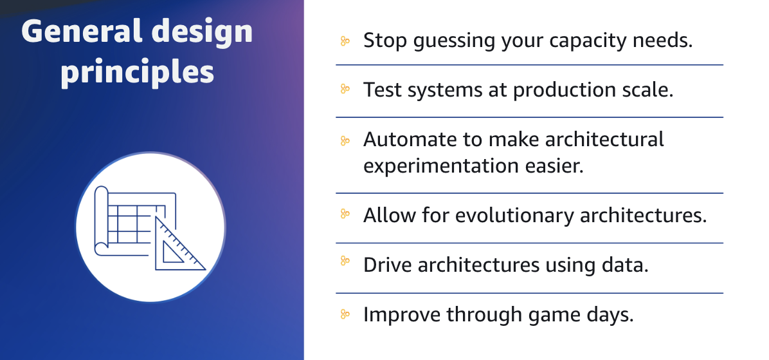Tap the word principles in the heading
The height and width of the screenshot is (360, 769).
pos(137,72)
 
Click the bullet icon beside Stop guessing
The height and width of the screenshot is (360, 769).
pos(345,41)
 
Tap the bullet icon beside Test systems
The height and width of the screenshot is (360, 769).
pos(345,90)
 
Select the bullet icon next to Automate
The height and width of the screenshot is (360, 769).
pos(345,140)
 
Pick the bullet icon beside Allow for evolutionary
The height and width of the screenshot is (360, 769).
pos(345,214)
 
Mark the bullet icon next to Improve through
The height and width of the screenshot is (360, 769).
pos(345,314)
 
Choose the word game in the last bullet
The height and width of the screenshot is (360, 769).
pos(539,315)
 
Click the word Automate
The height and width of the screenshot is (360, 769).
pos(404,139)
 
